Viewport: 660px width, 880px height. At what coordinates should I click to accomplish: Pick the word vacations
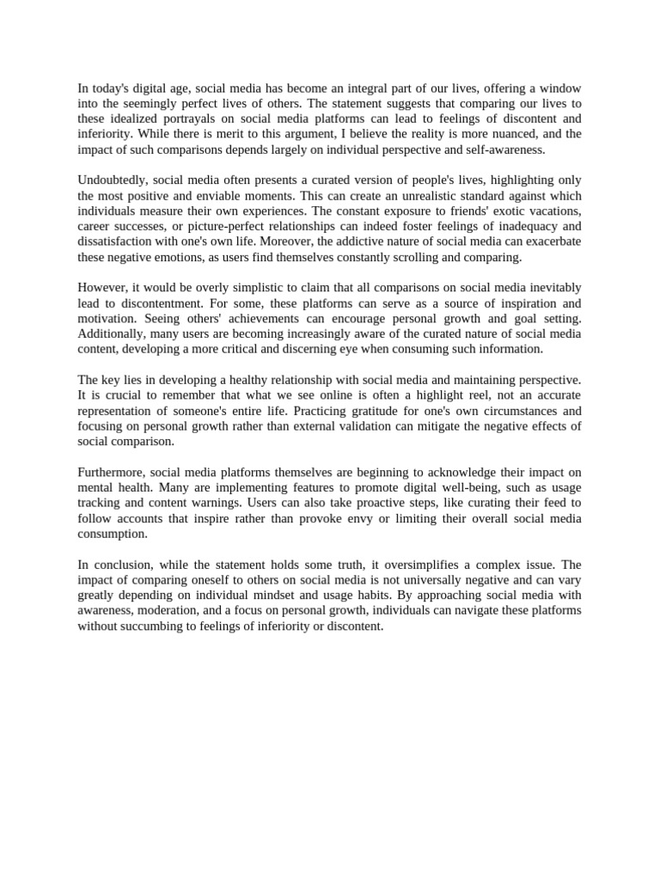point(550,211)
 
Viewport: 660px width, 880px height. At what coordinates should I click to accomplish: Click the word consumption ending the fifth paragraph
point(112,534)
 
